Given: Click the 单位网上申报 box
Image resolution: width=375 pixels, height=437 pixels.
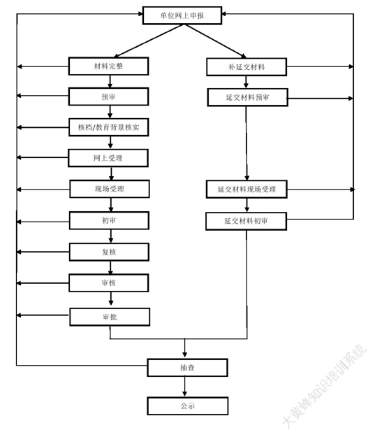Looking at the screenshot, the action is pyautogui.click(x=182, y=15).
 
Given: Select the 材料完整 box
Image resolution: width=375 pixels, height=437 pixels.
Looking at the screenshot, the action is pyautogui.click(x=108, y=66).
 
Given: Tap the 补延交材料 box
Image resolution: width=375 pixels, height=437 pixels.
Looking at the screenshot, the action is pyautogui.click(x=247, y=67).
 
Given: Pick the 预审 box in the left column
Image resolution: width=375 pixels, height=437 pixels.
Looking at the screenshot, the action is pyautogui.click(x=108, y=96).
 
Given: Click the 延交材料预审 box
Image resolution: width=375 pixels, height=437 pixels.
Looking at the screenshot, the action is pyautogui.click(x=247, y=97).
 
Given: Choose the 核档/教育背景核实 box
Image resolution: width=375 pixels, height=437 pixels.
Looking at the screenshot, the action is pyautogui.click(x=108, y=127).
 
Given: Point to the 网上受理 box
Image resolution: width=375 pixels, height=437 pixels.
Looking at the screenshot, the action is pyautogui.click(x=108, y=158).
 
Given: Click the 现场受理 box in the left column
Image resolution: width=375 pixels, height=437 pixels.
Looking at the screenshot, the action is pyautogui.click(x=110, y=189).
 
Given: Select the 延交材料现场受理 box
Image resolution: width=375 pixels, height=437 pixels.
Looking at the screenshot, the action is pyautogui.click(x=247, y=189).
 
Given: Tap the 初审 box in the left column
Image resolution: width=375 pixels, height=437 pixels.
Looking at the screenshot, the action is pyautogui.click(x=109, y=220).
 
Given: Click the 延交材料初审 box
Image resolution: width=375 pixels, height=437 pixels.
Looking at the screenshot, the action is pyautogui.click(x=246, y=221).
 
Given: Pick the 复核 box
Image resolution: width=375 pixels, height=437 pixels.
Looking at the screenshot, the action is pyautogui.click(x=109, y=252).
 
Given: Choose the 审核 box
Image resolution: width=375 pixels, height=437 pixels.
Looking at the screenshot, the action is pyautogui.click(x=108, y=283).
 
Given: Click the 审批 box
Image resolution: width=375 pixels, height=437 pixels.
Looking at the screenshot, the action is pyautogui.click(x=110, y=317).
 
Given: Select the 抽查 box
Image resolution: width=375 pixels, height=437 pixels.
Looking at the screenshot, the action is pyautogui.click(x=187, y=368).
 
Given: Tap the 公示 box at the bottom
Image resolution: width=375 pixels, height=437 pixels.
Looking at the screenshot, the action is pyautogui.click(x=188, y=406).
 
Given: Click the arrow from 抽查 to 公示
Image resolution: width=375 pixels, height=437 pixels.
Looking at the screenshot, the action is pyautogui.click(x=184, y=387).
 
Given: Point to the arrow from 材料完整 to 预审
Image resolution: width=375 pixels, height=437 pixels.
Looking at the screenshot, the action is pyautogui.click(x=110, y=81).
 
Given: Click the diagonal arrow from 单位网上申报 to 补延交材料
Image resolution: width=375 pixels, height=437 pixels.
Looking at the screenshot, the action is pyautogui.click(x=214, y=41).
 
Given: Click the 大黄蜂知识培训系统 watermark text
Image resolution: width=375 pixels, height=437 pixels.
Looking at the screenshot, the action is pyautogui.click(x=324, y=386).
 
